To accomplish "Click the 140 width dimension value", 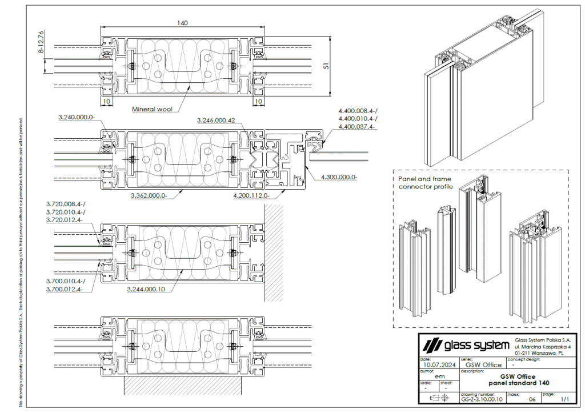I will [x=182, y=23].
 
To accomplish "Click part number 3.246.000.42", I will [x=216, y=121].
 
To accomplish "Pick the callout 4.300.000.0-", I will [x=339, y=177].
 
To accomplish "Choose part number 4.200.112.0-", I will [x=251, y=195].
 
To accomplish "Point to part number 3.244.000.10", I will [x=146, y=289].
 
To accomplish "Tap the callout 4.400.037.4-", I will [x=356, y=126].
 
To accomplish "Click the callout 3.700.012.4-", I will [x=64, y=288].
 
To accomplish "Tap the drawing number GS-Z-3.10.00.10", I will [x=482, y=400].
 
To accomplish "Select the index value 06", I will [x=532, y=400].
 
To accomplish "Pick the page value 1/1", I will [x=565, y=400].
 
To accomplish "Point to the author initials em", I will [x=440, y=376].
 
